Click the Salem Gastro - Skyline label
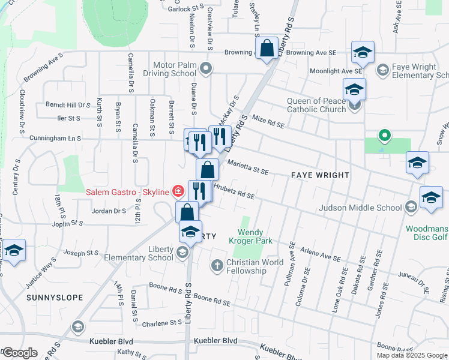(x=128, y=192)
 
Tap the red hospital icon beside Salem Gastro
(x=178, y=192)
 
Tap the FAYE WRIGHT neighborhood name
(x=320, y=175)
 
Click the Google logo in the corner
(x=20, y=353)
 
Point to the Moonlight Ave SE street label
(x=345, y=71)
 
